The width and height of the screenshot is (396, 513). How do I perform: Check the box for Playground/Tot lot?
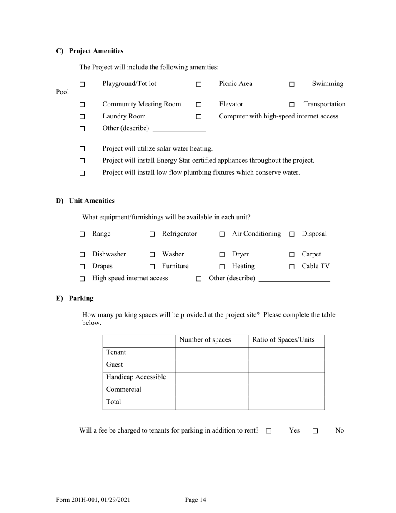pos(82,84)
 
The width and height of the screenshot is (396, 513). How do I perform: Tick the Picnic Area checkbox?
pos(199,84)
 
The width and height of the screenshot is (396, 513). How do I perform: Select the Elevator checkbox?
pos(199,105)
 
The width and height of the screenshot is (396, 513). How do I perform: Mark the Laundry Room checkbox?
pos(82,117)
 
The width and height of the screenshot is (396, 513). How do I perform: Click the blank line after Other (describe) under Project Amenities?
pos(179,128)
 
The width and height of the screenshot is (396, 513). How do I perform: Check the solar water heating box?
pos(82,149)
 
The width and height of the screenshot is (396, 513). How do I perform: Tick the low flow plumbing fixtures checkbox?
pos(82,173)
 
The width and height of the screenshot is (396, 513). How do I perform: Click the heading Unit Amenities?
pos(92,201)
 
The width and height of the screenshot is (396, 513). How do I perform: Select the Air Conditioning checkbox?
pos(222,234)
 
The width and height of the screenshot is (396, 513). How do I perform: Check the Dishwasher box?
pos(82,255)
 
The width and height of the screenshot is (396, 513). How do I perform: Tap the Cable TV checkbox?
pos(292,267)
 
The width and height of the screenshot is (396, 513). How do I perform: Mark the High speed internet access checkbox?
pos(82,279)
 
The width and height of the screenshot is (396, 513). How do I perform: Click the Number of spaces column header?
pos(205,340)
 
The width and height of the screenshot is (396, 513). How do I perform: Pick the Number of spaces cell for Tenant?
pos(212,354)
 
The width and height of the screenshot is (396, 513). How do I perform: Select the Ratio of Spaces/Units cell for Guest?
pos(286,366)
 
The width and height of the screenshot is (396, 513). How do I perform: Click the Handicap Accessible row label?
pos(136,377)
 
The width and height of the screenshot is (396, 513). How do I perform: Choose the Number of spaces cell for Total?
pos(212,403)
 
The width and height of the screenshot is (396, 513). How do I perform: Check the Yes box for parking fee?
pos(268,431)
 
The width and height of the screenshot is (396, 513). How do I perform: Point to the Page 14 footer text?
pos(195,500)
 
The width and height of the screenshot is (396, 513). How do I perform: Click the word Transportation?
pos(324,104)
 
